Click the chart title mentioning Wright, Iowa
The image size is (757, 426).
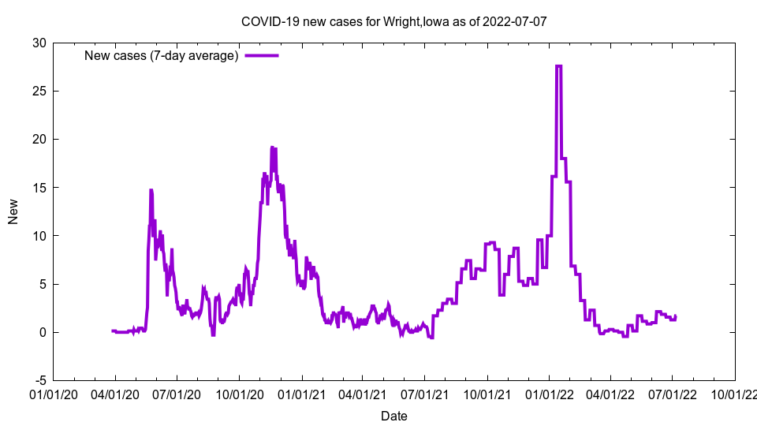(393, 21)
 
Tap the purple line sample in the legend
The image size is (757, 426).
(261, 55)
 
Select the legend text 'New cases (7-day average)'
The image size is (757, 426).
(162, 55)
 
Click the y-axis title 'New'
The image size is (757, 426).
(13, 211)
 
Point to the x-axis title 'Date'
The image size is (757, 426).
(393, 416)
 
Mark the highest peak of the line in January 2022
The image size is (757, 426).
(558, 66)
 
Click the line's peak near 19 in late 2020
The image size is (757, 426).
(272, 148)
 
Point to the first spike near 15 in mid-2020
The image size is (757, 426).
(151, 190)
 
